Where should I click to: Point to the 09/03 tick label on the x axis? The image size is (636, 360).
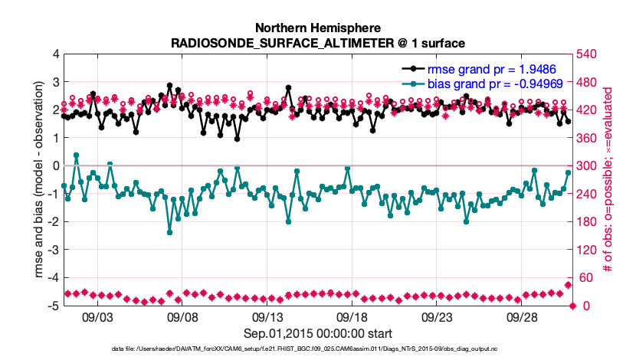click(x=97, y=316)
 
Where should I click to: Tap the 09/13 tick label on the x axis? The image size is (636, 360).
click(x=268, y=316)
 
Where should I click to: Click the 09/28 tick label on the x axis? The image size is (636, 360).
click(x=524, y=316)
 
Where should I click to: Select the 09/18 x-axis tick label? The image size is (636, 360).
click(x=353, y=316)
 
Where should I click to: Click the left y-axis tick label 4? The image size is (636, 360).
click(x=55, y=55)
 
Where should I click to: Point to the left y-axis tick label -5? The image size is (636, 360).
click(x=53, y=306)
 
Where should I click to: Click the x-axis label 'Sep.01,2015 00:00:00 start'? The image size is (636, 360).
click(x=318, y=333)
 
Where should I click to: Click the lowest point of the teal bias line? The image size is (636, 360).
click(x=170, y=232)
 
